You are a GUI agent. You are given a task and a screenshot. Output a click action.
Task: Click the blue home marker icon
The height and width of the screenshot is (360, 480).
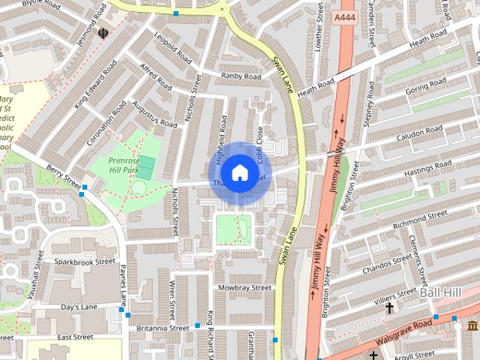(x=238, y=173)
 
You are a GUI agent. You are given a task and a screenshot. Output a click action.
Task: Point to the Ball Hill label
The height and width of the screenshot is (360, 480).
(x=440, y=291)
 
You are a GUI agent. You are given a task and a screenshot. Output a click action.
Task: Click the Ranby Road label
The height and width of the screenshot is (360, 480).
(x=241, y=76)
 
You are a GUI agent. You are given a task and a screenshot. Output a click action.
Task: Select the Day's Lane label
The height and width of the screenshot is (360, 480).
(x=80, y=307)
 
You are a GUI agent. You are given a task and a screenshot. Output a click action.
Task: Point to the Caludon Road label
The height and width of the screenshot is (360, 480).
(x=420, y=132)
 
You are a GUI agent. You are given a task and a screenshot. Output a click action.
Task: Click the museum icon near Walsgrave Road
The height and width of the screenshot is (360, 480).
(x=472, y=325)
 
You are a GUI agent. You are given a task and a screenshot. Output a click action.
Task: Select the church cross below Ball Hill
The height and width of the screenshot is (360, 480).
(x=389, y=308)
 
